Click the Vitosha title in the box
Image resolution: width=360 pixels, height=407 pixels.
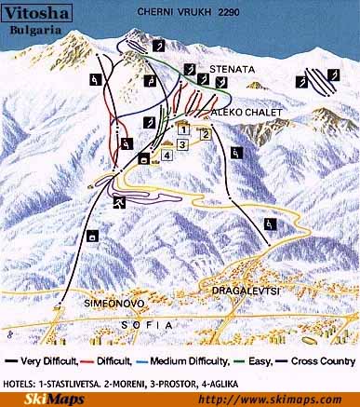(33, 12)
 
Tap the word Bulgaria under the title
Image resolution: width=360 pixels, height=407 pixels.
(33, 30)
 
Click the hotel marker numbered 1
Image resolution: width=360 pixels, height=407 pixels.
(184, 129)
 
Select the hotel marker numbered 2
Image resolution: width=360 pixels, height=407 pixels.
(204, 132)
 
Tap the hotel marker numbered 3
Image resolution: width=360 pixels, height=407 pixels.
(182, 144)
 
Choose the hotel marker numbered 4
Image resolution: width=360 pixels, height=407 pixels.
(167, 156)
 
